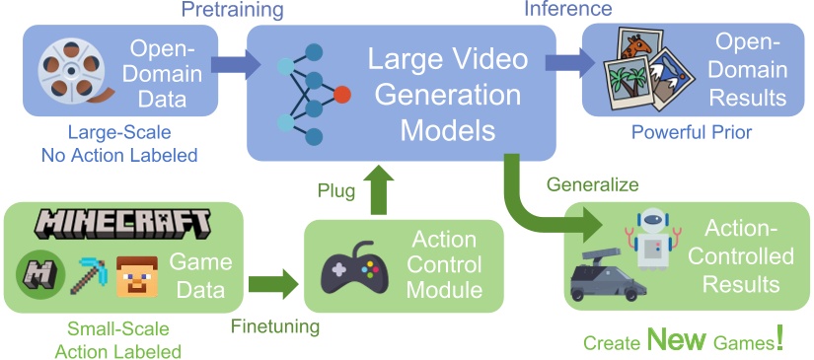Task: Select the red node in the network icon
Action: [341, 95]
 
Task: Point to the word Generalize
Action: [592, 183]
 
